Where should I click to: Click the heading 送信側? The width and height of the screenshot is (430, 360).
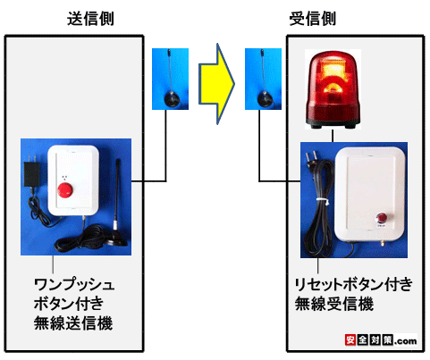point(90,19)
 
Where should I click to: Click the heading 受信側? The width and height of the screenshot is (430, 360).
point(313,19)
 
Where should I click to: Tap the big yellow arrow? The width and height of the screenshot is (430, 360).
point(216,84)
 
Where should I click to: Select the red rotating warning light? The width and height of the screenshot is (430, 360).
point(333,89)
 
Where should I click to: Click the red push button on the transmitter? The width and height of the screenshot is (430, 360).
point(65,190)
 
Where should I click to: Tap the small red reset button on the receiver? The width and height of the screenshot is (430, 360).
point(381,218)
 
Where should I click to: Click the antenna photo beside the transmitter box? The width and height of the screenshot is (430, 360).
point(170,79)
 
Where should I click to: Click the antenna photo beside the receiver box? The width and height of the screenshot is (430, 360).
point(263,79)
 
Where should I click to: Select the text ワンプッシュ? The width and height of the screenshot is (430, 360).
point(74,284)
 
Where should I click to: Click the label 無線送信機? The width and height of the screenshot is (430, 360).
point(73,323)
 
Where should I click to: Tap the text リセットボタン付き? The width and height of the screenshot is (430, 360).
point(353,284)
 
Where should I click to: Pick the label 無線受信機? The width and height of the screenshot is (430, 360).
point(334,304)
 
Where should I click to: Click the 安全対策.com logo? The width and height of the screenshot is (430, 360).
point(381,339)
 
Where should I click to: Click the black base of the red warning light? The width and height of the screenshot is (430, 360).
point(333,124)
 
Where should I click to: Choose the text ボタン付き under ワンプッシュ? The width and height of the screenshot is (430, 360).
point(69,304)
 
